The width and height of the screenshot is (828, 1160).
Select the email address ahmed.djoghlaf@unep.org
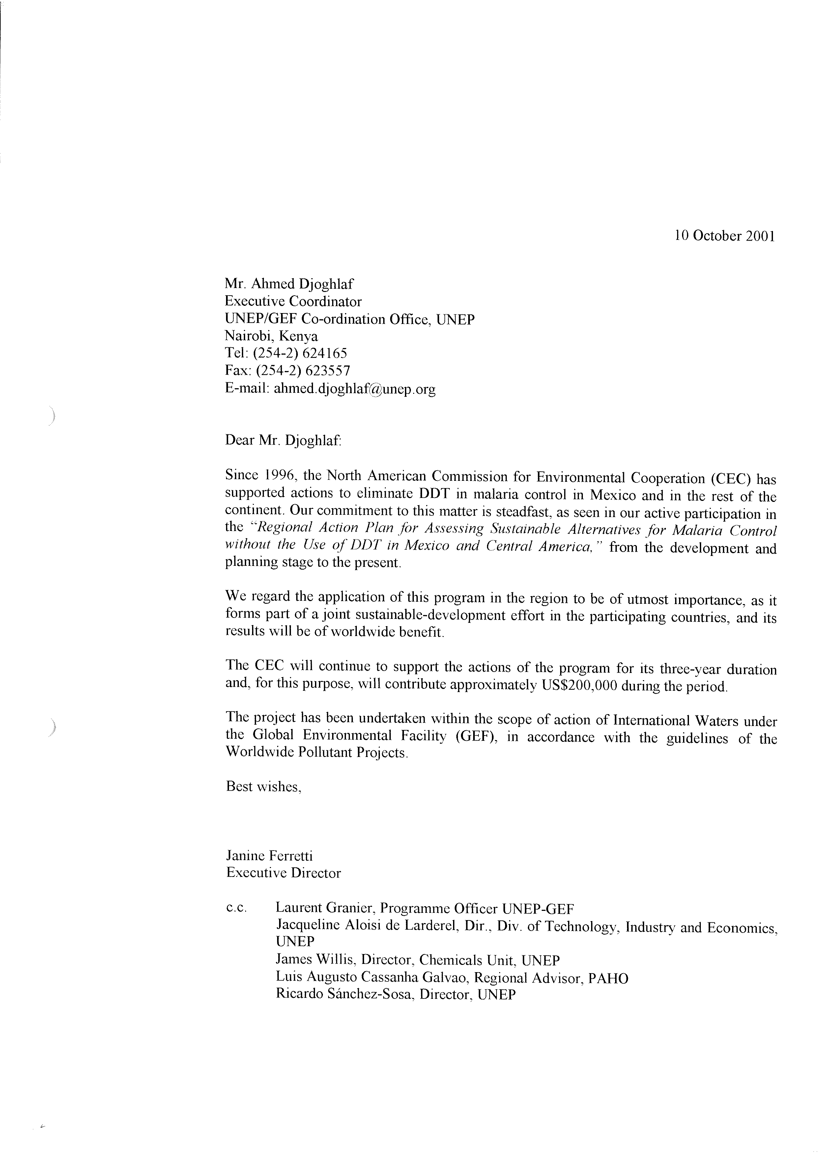355,390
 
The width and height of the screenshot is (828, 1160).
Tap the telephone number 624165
326,353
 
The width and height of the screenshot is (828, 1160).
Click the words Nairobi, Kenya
271,336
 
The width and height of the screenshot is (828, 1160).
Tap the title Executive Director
283,873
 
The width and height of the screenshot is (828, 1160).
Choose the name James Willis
316,961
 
